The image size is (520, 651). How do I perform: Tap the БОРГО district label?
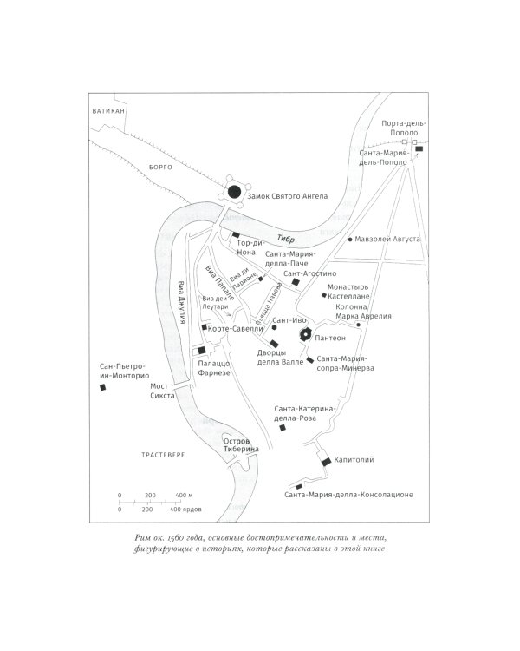coord(161,168)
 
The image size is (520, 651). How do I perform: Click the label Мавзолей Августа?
coord(388,239)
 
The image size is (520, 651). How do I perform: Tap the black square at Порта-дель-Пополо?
coord(419,149)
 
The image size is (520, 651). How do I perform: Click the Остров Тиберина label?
coord(242,445)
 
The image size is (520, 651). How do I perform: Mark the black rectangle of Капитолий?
coord(327,462)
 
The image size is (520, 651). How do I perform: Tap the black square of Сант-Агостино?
coord(295,282)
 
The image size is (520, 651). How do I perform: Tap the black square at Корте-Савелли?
coord(203,328)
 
